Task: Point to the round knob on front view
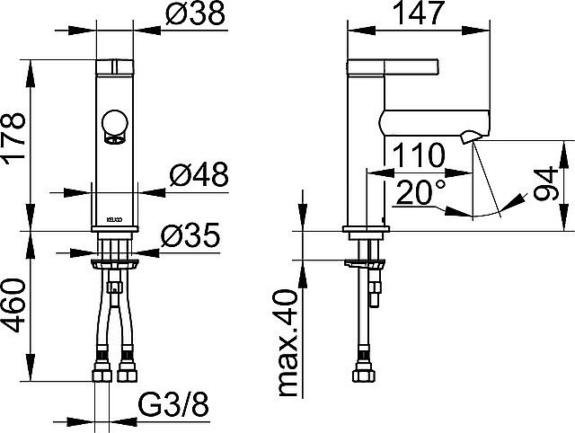pos(114,122)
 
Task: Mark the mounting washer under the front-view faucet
pos(114,264)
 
